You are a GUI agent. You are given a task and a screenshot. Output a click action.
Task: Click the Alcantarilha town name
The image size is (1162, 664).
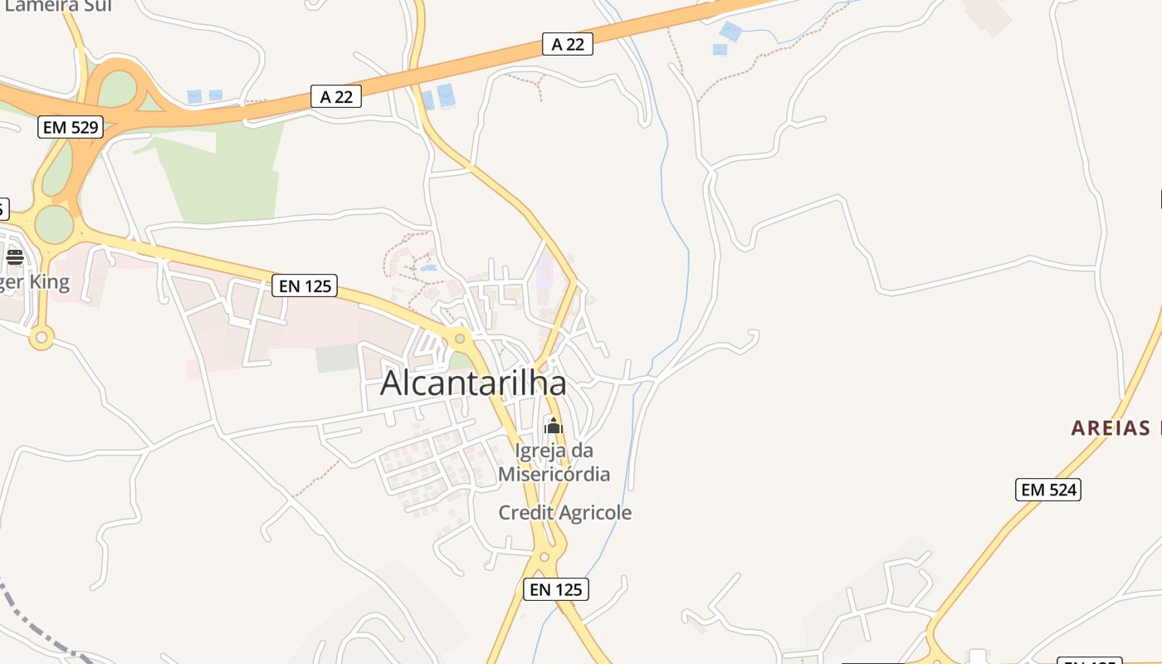473,383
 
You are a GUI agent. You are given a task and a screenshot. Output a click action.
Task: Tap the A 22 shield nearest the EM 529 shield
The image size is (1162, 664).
336,96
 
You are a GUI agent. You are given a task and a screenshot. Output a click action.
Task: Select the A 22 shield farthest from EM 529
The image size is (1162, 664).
568,44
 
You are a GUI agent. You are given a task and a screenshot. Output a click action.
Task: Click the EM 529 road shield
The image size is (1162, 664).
71,127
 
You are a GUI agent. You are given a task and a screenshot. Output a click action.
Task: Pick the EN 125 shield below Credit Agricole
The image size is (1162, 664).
556,589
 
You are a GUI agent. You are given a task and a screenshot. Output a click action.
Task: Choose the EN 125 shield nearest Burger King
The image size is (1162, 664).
305,286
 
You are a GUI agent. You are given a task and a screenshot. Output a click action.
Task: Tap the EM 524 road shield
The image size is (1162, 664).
1048,490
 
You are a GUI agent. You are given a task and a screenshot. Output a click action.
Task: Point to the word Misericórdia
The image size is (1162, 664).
554,474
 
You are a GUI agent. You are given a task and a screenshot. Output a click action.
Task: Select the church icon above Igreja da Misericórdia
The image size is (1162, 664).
553,427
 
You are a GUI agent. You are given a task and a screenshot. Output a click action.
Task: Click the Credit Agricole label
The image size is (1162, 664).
564,513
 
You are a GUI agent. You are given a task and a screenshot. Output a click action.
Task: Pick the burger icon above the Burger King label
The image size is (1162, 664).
14,256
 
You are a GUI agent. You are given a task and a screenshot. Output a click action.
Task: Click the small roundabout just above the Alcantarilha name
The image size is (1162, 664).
459,338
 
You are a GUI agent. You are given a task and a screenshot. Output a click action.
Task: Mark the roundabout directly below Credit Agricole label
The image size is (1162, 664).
544,557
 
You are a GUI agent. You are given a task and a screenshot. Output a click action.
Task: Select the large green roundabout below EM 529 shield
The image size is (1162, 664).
54,224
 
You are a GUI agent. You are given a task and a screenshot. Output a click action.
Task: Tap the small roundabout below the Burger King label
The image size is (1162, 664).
41,338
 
